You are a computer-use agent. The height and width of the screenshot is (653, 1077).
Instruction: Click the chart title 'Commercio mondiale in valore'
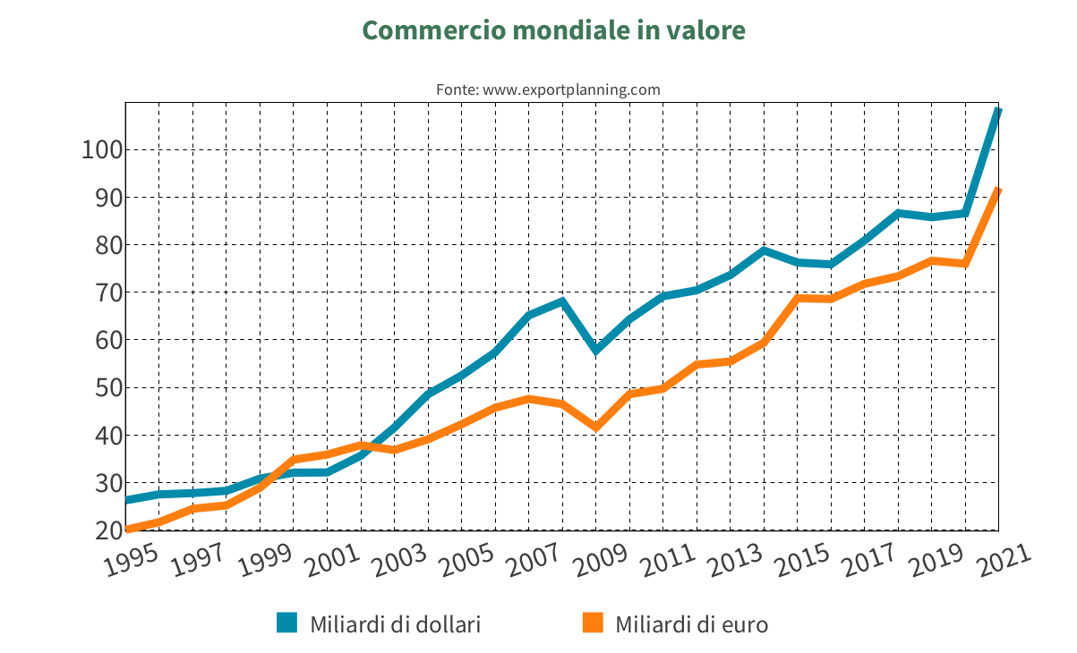pos(553,30)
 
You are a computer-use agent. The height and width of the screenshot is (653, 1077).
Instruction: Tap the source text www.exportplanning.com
pos(547,89)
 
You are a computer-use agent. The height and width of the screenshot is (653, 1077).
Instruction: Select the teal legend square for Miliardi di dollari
pos(286,623)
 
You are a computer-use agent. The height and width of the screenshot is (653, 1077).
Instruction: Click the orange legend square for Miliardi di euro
pos(593,623)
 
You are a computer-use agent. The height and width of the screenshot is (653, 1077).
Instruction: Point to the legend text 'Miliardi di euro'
pos(691,624)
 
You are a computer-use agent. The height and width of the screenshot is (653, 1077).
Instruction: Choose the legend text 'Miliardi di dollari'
pos(395,624)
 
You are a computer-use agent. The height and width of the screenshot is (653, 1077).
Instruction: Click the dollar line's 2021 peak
pos(998,110)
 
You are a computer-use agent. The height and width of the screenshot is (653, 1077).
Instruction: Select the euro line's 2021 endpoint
pos(998,190)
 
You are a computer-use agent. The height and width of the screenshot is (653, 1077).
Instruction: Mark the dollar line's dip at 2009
pos(596,350)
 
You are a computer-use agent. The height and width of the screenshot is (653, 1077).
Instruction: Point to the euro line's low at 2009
pos(596,428)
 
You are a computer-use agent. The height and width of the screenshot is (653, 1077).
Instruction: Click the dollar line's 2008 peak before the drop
pos(562,301)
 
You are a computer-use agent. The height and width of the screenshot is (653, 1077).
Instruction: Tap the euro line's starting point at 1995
pos(127,530)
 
